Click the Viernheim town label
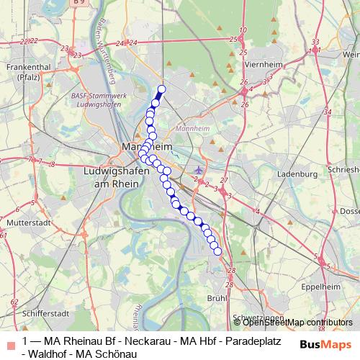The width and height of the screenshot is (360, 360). [264, 64]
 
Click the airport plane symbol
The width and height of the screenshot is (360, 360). [199, 170]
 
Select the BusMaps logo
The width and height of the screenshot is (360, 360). [326, 344]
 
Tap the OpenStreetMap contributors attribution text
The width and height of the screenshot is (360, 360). [292, 323]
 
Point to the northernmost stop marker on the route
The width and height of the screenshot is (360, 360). [161, 89]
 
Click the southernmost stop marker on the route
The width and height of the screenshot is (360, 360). [217, 251]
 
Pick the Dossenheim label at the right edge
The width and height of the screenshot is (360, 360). [349, 211]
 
